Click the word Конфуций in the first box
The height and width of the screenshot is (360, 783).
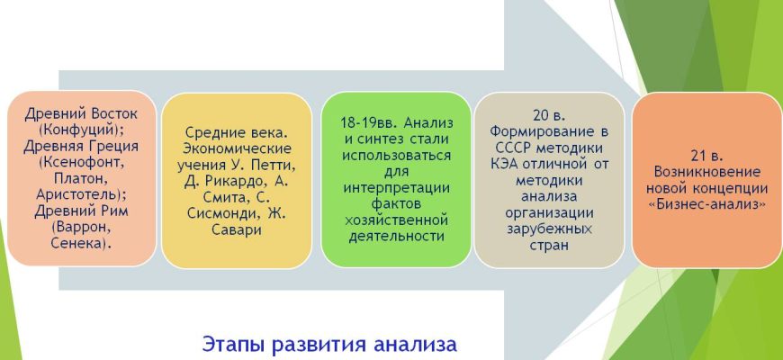tap(81, 130)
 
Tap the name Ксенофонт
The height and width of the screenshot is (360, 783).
tap(81, 163)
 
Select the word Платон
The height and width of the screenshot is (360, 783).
tap(79, 179)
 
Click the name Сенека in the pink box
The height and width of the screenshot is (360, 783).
tap(79, 243)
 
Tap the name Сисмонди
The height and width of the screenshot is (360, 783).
tap(225, 213)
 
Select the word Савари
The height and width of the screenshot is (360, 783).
tap(236, 229)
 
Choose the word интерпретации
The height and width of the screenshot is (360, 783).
tap(397, 188)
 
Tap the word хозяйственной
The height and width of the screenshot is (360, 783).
tap(397, 220)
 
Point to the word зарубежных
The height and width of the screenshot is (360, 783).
tap(549, 229)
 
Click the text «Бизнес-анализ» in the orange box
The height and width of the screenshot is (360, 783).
tap(706, 204)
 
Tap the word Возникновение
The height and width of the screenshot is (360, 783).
tap(707, 172)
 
